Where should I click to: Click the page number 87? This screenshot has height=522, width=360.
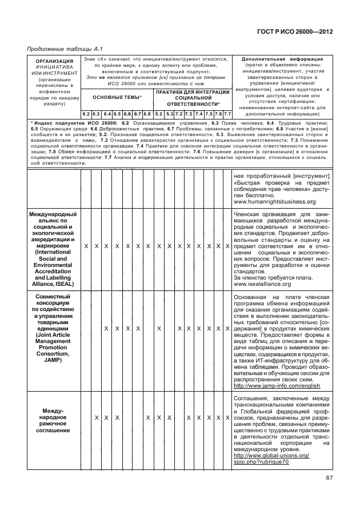pyautogui.click(x=329, y=479)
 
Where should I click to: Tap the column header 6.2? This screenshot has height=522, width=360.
pyautogui.click(x=85, y=114)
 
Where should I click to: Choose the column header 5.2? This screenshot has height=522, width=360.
pyautogui.click(x=159, y=114)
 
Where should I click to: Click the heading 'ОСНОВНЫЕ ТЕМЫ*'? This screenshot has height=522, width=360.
pyautogui.click(x=117, y=97)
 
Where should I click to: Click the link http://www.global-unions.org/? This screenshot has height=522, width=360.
pyautogui.click(x=272, y=455)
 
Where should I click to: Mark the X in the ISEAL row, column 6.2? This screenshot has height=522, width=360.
pyautogui.click(x=85, y=245)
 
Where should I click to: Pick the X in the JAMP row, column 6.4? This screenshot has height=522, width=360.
pyautogui.click(x=106, y=329)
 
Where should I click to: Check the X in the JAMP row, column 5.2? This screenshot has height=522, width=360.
pyautogui.click(x=159, y=329)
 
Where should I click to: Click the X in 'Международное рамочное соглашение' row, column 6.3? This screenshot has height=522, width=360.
pyautogui.click(x=96, y=434)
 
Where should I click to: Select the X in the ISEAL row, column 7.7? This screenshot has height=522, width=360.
pyautogui.click(x=227, y=245)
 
